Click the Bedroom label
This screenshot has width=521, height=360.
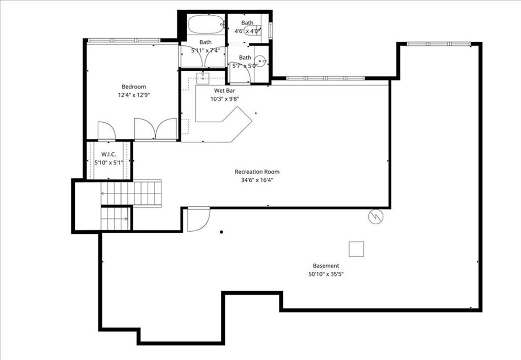point(134,87)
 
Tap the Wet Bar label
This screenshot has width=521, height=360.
point(224,91)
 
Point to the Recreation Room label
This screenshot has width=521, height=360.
point(257,172)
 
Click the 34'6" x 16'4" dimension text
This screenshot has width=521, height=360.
point(257,180)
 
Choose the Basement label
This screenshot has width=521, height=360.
point(326,266)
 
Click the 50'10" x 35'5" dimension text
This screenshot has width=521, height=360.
point(326,274)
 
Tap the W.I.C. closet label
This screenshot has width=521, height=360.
point(109,154)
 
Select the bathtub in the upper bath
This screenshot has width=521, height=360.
point(206,24)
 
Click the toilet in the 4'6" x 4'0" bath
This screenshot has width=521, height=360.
point(252,31)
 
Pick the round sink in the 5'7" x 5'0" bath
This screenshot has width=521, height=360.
point(260,61)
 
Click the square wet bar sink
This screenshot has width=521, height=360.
point(202,78)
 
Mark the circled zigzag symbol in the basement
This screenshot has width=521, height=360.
point(376,217)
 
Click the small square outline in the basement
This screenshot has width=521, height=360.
point(356,249)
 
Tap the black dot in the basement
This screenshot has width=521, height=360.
point(221,232)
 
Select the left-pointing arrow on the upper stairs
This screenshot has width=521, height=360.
point(104,193)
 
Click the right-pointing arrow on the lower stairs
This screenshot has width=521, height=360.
point(126,219)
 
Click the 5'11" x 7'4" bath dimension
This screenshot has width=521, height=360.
point(206,50)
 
